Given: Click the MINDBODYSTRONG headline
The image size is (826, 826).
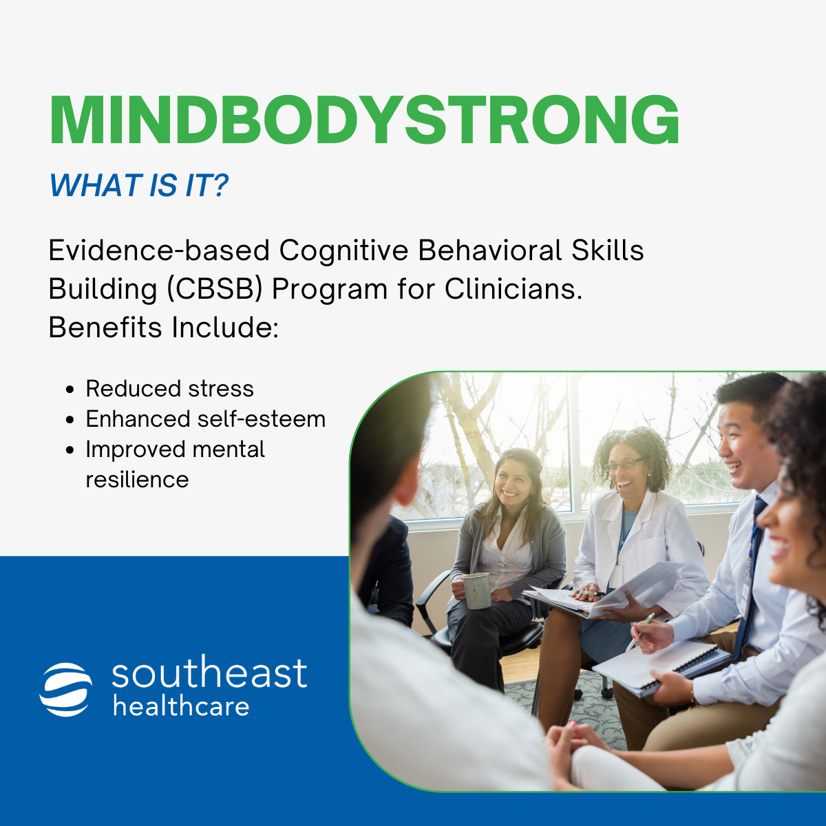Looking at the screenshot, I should pos(365,120).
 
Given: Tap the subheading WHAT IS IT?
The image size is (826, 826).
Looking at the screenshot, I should pos(138,186).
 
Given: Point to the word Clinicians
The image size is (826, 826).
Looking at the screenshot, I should pos(513,289).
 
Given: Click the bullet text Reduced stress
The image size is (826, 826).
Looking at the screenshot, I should pos(169,389).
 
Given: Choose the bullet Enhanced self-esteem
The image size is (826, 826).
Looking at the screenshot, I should pos(205,419).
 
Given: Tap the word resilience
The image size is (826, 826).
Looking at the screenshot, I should pos(137,480).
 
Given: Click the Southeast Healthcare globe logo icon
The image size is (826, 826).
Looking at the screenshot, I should pos(66,689).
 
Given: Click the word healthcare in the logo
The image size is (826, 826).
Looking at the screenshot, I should pos(181,706).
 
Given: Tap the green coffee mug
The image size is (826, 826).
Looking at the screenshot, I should pos(476,590).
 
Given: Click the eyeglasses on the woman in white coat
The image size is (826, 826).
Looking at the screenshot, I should pos(625,465).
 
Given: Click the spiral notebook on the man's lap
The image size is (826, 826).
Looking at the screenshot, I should pos(661,664).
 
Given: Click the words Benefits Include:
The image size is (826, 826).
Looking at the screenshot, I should pos(163,328).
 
